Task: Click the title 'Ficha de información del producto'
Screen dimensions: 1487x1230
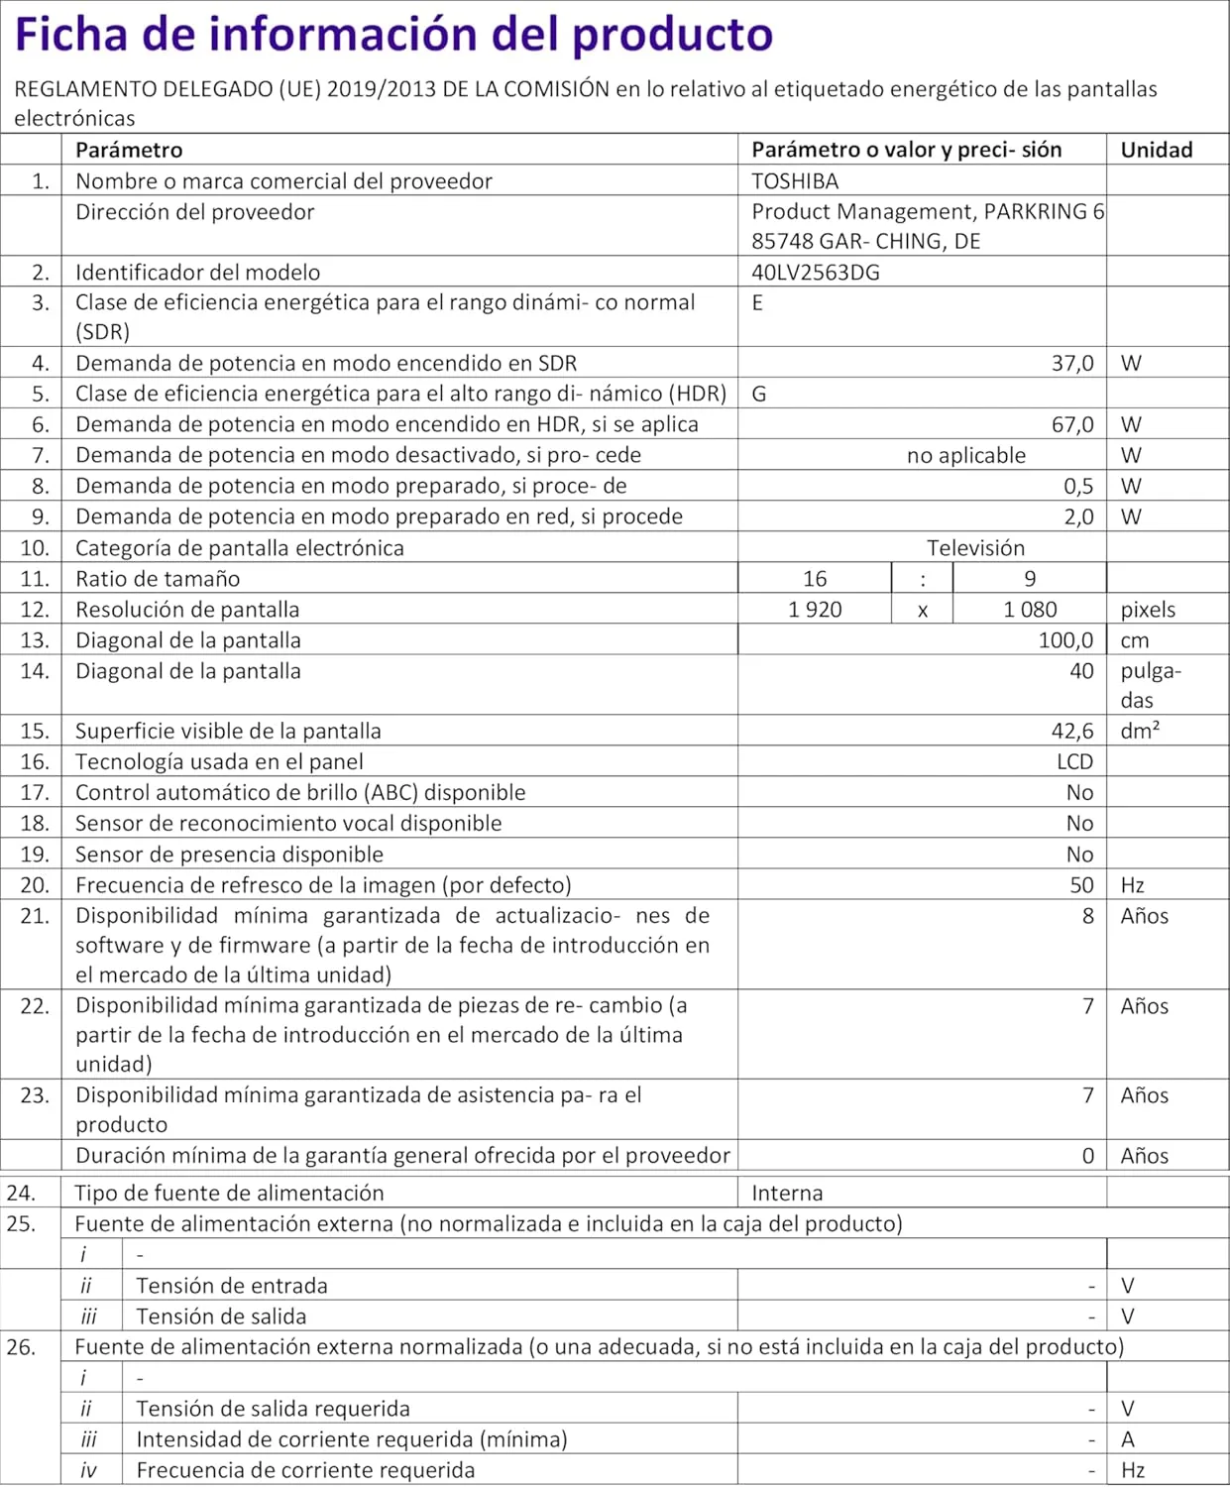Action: (x=393, y=35)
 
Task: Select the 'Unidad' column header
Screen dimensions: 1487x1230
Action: (x=1156, y=150)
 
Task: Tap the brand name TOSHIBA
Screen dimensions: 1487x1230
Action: (x=795, y=181)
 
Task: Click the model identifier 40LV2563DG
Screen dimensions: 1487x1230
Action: (x=815, y=273)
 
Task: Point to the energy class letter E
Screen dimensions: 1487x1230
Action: (x=757, y=303)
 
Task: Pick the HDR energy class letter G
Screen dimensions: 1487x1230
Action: (x=758, y=395)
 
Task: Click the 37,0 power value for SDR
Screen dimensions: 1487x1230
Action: (x=1071, y=364)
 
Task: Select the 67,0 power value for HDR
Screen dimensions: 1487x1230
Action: (x=1071, y=425)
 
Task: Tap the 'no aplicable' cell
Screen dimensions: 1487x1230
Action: (x=965, y=456)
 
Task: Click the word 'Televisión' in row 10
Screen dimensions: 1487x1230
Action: (x=975, y=548)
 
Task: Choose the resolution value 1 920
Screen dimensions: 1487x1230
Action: (x=815, y=610)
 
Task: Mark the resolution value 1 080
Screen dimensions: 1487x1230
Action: (x=1029, y=610)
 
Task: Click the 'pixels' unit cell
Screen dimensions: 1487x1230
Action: (x=1148, y=610)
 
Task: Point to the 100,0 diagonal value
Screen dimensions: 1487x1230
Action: (x=1065, y=640)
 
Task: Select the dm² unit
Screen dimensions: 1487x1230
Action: (x=1140, y=731)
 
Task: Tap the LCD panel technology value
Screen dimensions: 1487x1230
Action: (x=1074, y=762)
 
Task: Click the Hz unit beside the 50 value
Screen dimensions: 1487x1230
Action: (x=1133, y=885)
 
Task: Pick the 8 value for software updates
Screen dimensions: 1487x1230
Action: (x=1087, y=916)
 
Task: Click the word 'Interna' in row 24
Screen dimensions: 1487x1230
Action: (x=787, y=1194)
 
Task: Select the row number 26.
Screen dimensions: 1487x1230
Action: (x=20, y=1347)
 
